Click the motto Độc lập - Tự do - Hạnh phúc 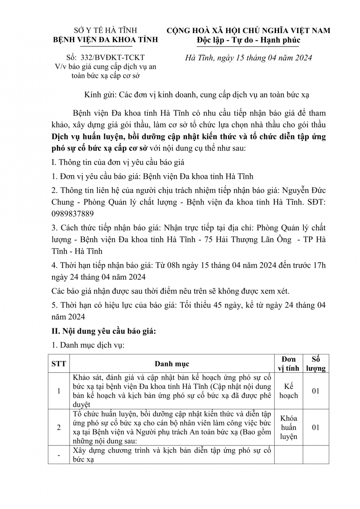pyautogui.click(x=248, y=39)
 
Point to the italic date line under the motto pyautogui.click(x=249, y=58)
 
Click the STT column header pyautogui.click(x=59, y=364)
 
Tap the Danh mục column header pyautogui.click(x=172, y=364)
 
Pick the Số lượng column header pyautogui.click(x=315, y=364)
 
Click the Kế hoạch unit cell pyautogui.click(x=289, y=391)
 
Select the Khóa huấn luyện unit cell pyautogui.click(x=289, y=427)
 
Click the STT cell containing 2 pyautogui.click(x=59, y=427)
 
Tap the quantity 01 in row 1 pyautogui.click(x=315, y=391)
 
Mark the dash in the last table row pyautogui.click(x=59, y=455)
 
